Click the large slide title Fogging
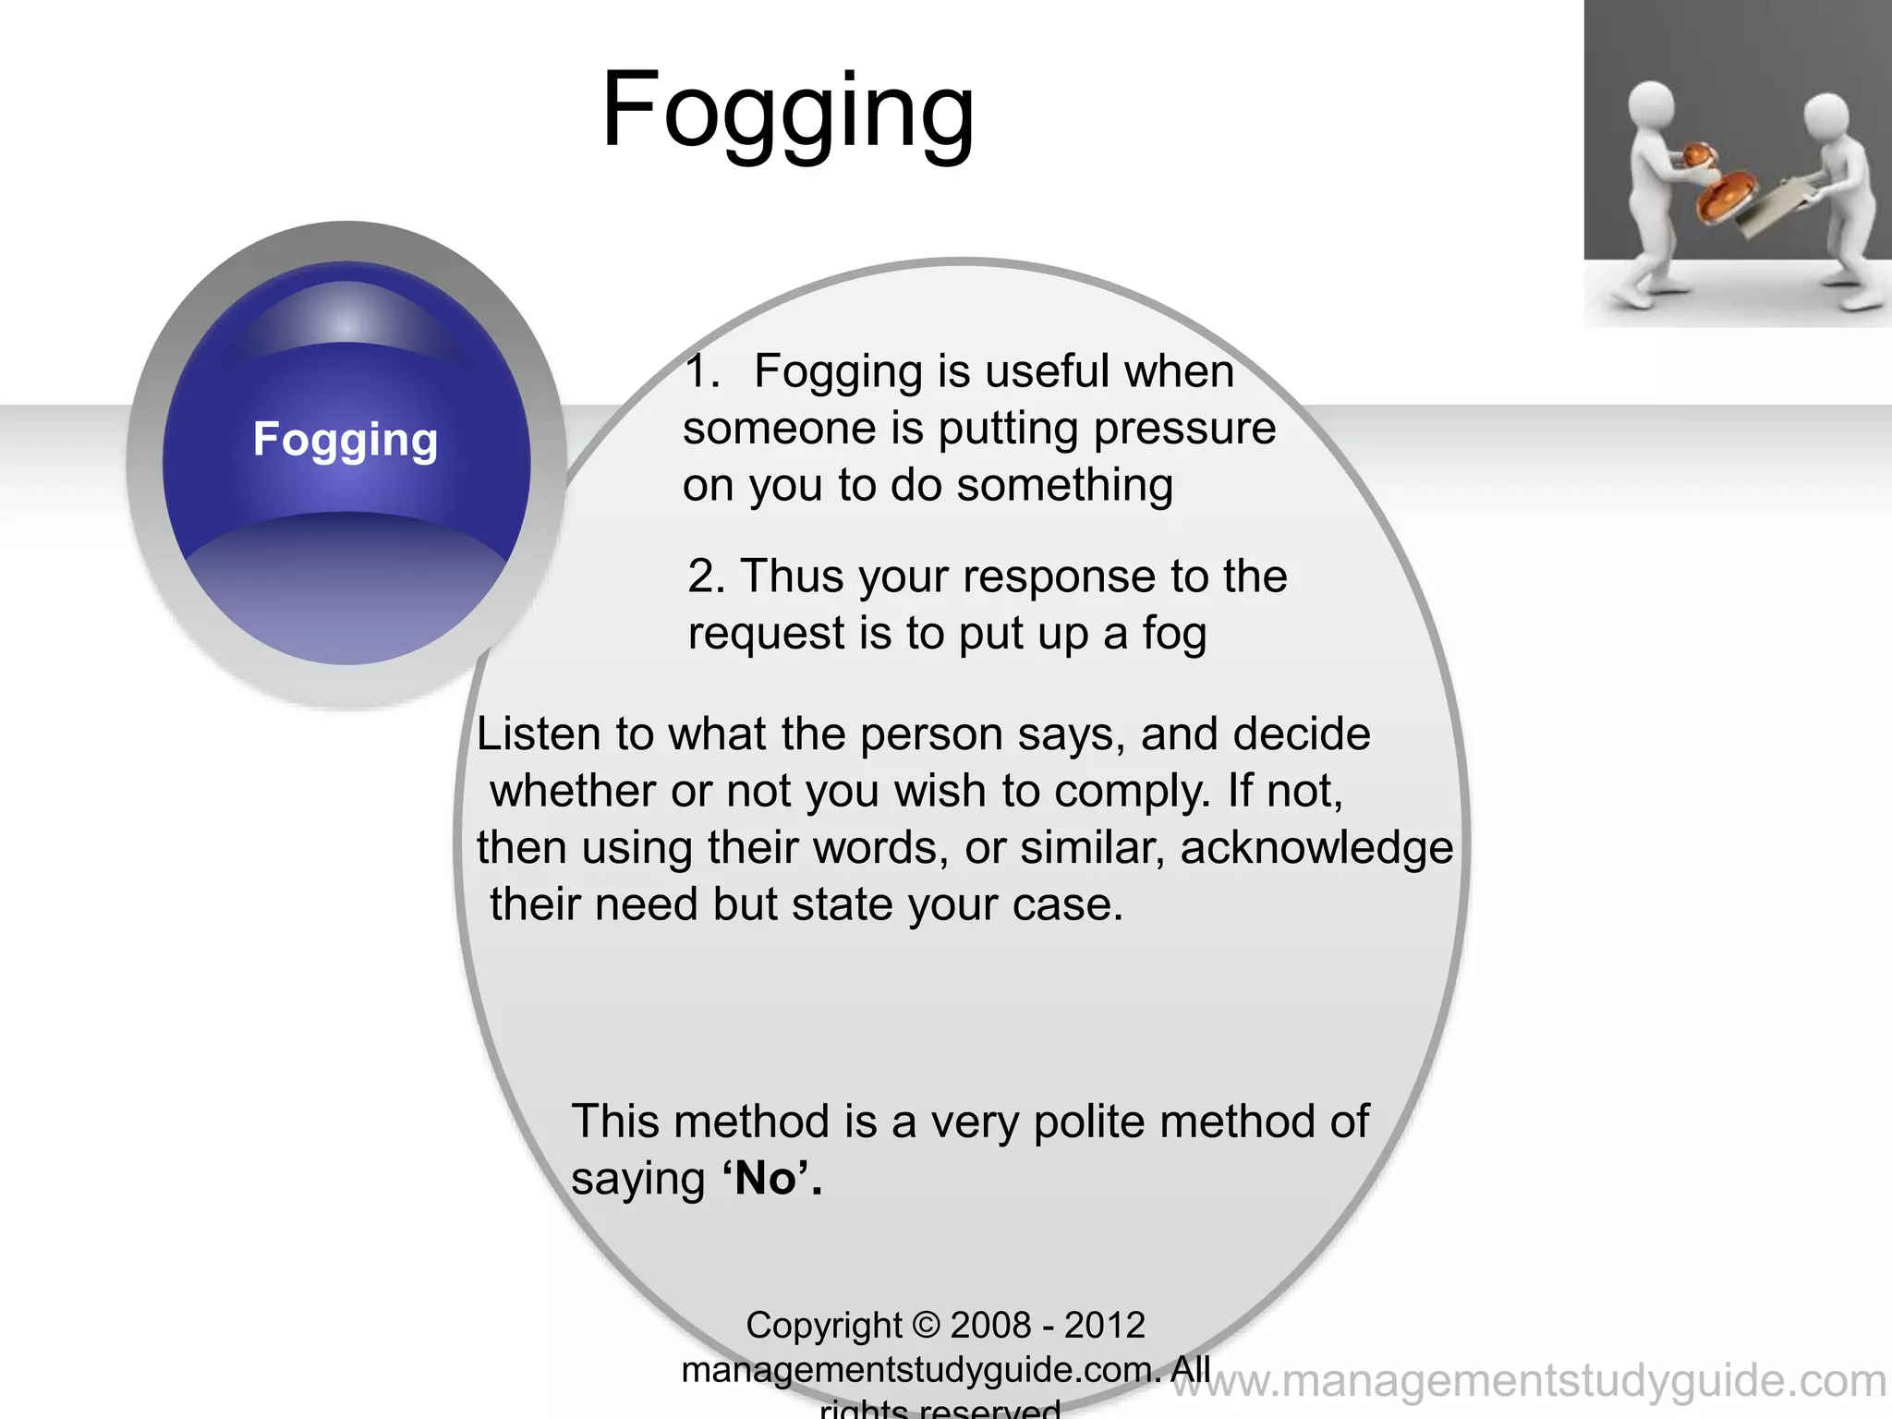[787, 111]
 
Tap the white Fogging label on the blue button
[346, 440]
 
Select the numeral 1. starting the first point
[702, 371]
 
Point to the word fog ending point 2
[1174, 635]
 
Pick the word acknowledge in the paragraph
[1316, 848]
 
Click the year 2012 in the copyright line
[1105, 1326]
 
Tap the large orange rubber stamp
[1723, 199]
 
